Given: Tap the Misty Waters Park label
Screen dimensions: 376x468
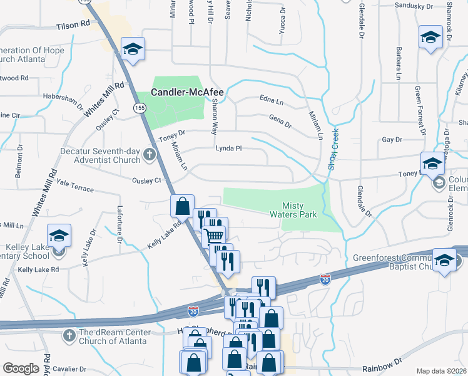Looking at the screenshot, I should pos(300,210).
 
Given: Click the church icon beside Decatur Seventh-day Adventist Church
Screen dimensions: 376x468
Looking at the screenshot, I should pos(149,155).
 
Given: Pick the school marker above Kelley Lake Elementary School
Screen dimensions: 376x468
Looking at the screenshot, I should pos(59,236).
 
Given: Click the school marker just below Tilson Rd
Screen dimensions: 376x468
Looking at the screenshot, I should pos(133,50).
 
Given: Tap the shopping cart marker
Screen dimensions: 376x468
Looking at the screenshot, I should pos(215,236).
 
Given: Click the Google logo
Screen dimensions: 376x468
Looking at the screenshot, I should pos(21,368).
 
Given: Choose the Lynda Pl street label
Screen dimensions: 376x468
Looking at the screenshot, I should pos(228,149).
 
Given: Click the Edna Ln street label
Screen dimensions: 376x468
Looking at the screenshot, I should pos(272,99).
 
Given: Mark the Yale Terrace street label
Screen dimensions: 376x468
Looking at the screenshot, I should pos(74,185).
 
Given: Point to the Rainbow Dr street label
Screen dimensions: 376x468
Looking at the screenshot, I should pos(380,365).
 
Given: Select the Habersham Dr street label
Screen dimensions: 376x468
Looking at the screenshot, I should pos(64,100).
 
